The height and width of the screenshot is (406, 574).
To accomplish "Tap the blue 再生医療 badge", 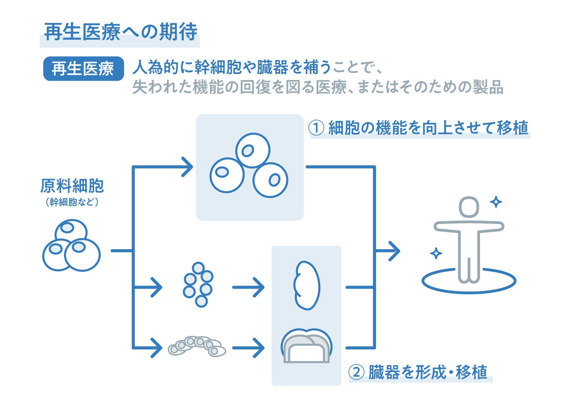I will point(83,69).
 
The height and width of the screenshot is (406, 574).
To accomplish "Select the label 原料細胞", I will point(72,186).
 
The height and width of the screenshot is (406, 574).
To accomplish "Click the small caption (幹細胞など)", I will point(72,202).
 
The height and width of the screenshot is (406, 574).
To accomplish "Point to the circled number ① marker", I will point(316,128).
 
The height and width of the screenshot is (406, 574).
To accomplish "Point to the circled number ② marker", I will point(356,372).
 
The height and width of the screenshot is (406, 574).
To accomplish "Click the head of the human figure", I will point(469,207).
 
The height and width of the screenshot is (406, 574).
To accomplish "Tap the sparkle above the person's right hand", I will point(496,202).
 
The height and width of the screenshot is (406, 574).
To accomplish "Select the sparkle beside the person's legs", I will point(436,253).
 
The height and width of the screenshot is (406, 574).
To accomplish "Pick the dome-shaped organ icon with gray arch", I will point(306,346).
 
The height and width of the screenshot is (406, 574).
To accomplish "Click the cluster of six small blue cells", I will point(198,284).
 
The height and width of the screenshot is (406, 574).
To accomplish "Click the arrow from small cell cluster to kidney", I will point(248,287).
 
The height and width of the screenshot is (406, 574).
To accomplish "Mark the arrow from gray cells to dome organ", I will point(248,348).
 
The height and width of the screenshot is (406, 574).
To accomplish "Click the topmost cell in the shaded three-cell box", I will point(253,150).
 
